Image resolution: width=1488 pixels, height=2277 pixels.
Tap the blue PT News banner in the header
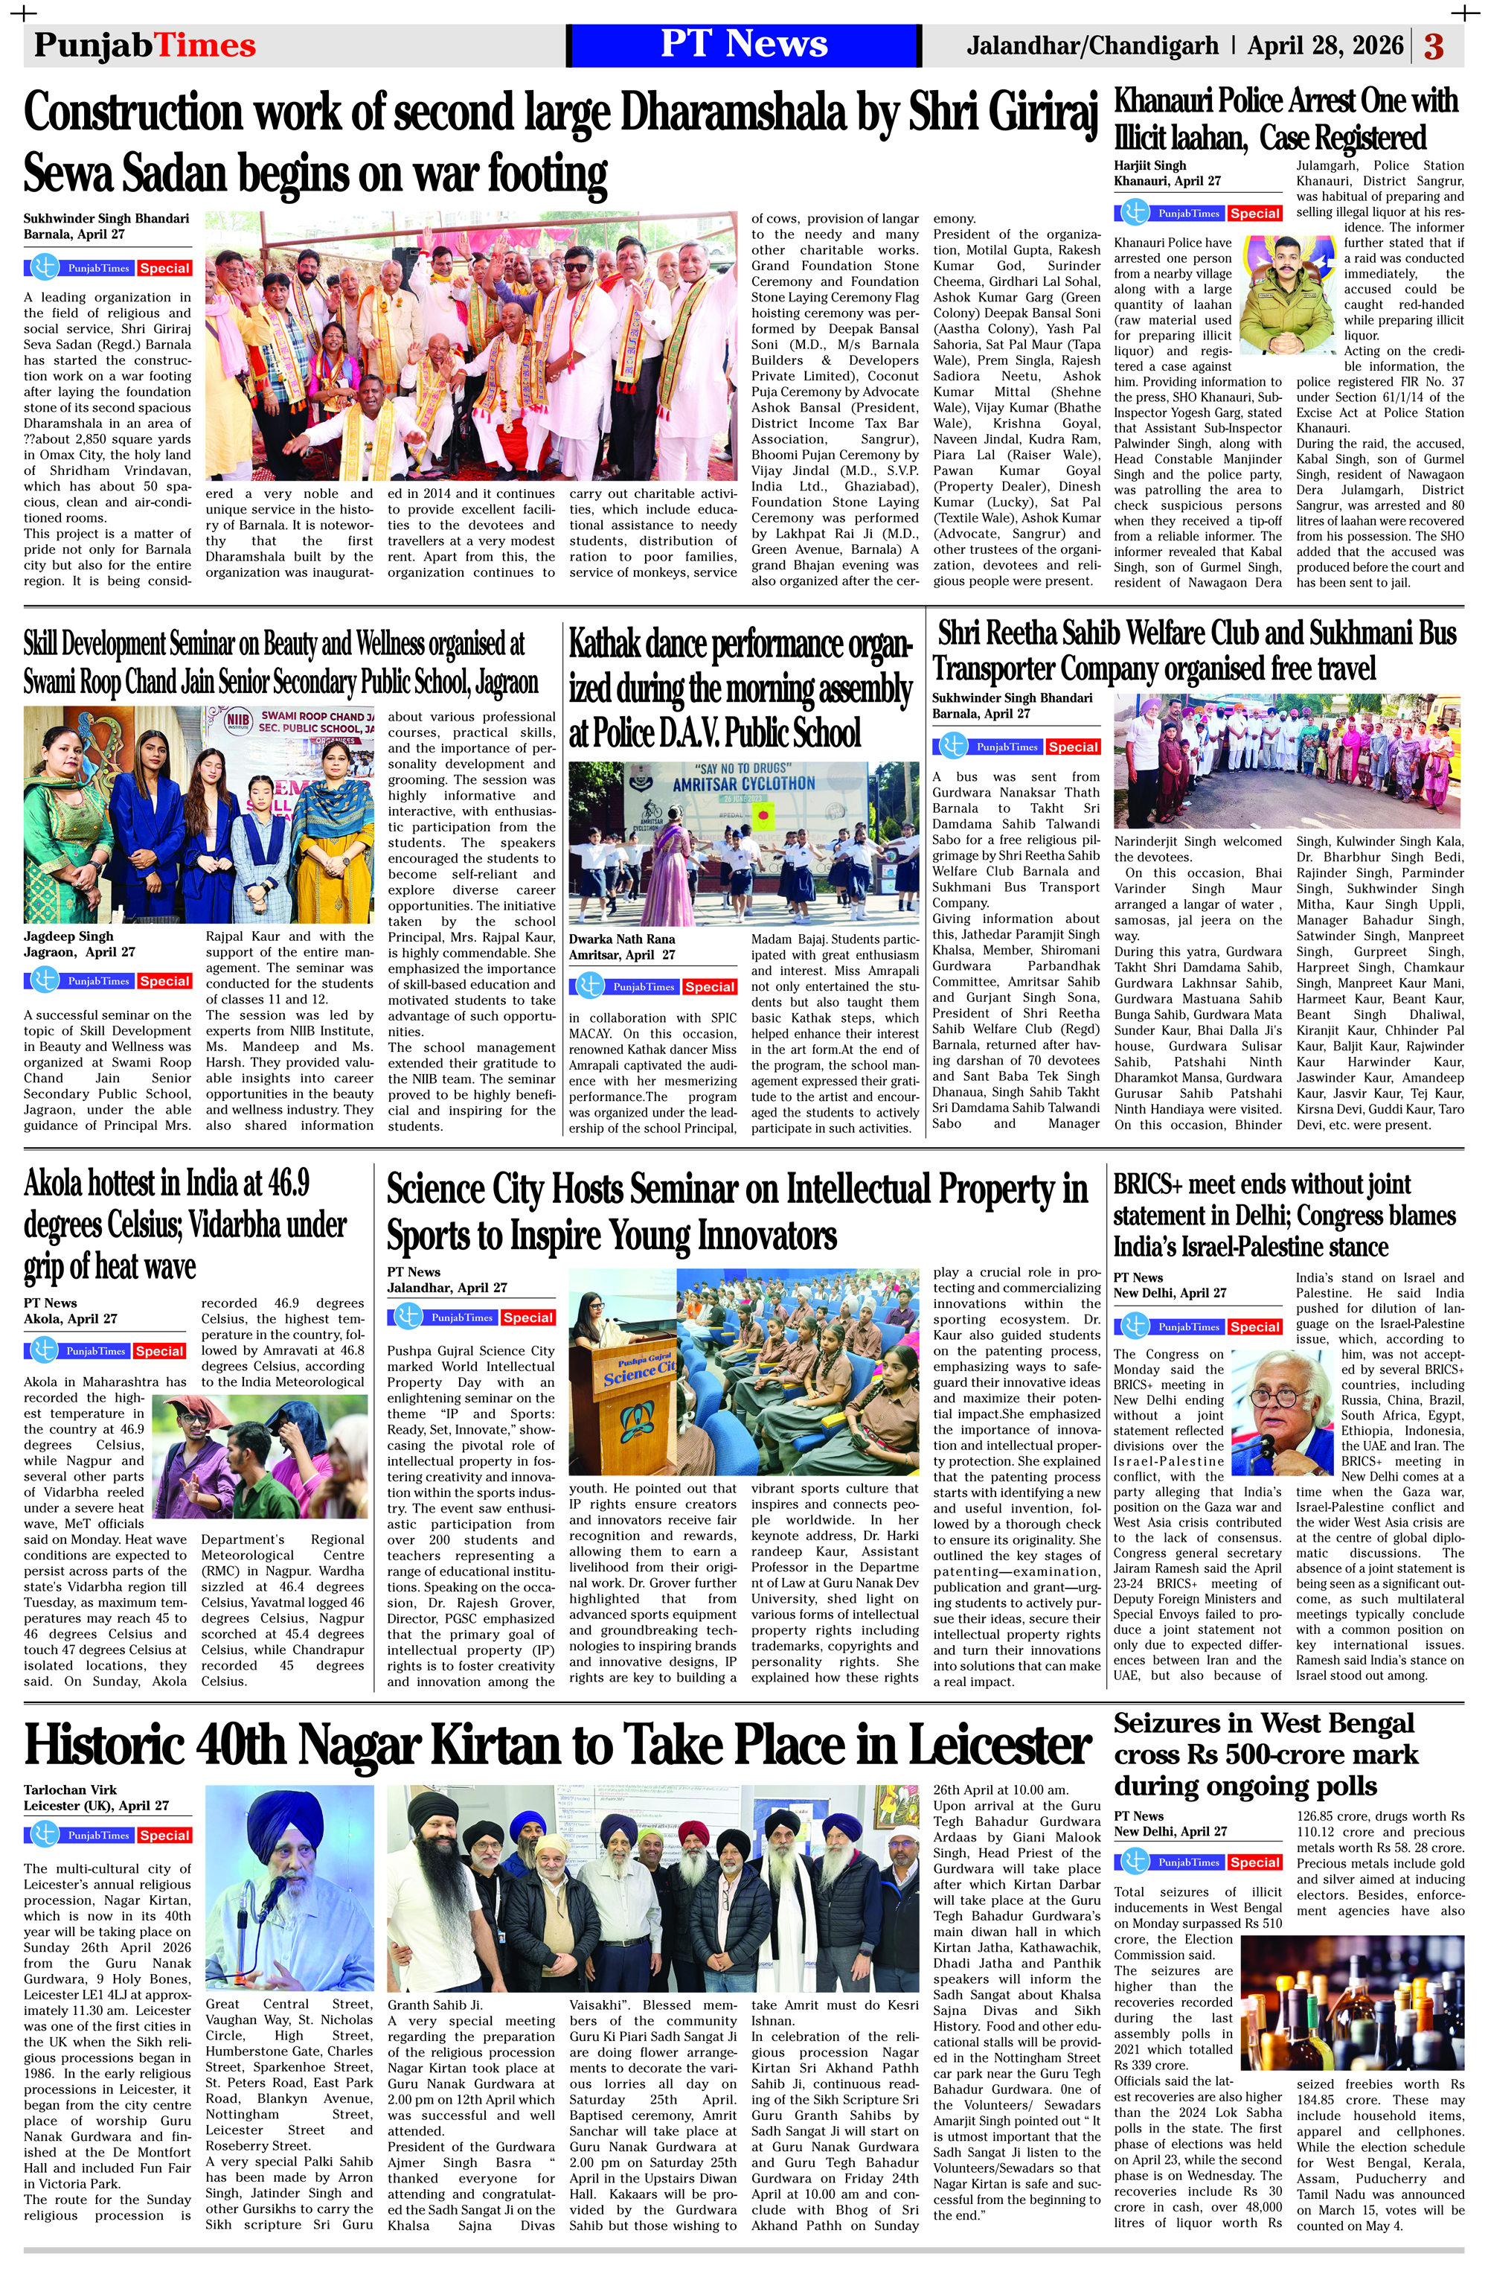[x=744, y=45]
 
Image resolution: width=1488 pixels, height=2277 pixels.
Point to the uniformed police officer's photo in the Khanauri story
[x=1290, y=295]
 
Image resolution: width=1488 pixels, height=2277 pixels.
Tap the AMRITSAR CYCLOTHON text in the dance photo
[x=743, y=784]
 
